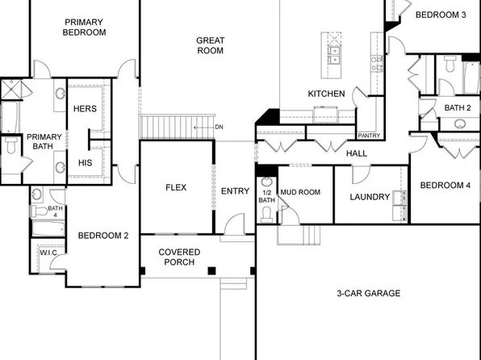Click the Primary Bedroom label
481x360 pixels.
click(85, 27)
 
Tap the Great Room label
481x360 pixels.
click(211, 45)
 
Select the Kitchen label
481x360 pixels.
click(326, 94)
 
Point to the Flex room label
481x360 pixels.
click(176, 187)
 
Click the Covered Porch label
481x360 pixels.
click(179, 257)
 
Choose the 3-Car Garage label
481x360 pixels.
click(368, 294)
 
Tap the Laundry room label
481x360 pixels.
click(370, 197)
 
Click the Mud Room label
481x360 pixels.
click(300, 193)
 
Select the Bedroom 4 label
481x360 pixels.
click(445, 186)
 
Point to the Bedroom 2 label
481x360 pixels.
click(103, 236)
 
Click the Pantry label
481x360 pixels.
click(369, 136)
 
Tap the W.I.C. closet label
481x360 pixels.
click(48, 253)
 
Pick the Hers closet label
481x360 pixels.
click(85, 108)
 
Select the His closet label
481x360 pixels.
click(85, 162)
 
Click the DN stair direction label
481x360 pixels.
click(219, 127)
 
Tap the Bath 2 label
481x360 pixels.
click(458, 107)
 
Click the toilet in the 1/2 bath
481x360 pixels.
click(267, 212)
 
